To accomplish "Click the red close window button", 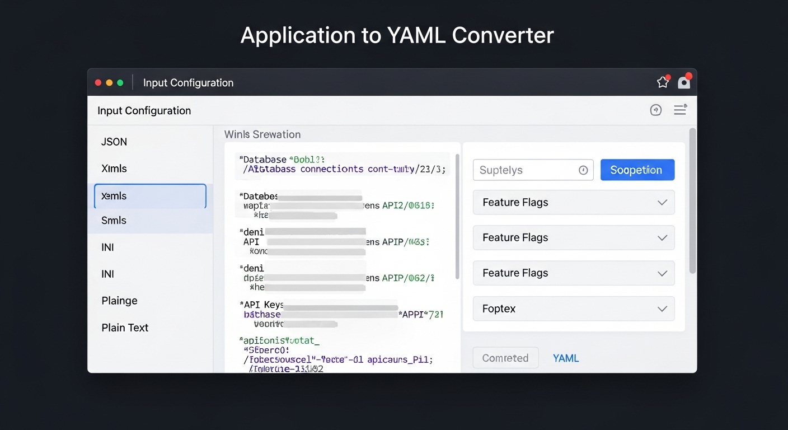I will [98, 83].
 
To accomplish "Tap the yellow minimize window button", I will [109, 83].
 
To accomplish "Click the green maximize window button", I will [120, 83].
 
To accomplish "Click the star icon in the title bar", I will [663, 82].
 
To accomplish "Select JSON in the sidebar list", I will [114, 142].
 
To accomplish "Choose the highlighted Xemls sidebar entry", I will [150, 196].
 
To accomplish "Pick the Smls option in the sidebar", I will [114, 220].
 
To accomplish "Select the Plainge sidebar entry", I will [119, 301].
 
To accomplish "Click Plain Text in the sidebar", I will [125, 328].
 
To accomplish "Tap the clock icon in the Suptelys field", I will [583, 170].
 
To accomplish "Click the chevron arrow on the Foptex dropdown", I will [662, 309].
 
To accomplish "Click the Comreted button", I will [505, 358].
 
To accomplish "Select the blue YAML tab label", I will [566, 358].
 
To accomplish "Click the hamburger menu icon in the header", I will [680, 110].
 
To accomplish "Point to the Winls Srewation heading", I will [262, 134].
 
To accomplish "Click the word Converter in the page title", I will [503, 35].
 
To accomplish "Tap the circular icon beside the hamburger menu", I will [656, 110].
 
